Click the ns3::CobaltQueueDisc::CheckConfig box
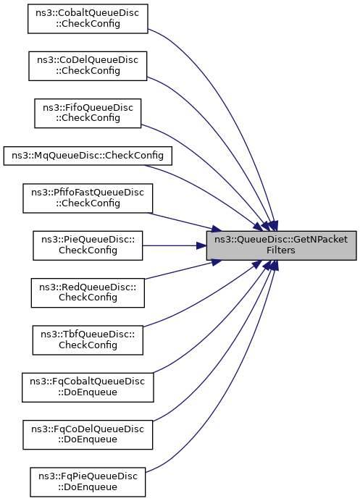(x=88, y=19)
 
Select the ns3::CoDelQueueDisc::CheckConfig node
(x=88, y=66)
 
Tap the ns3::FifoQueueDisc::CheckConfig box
(x=88, y=113)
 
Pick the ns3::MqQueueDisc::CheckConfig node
(x=88, y=156)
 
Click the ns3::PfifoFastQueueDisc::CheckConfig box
(x=88, y=198)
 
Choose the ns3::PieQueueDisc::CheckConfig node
(x=88, y=245)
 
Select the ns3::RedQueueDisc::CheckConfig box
(x=88, y=292)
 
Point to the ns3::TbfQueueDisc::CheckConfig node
(x=88, y=340)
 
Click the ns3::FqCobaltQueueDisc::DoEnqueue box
(x=88, y=387)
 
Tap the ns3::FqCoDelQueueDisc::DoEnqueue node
(x=88, y=434)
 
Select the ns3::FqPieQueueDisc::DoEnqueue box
(x=88, y=482)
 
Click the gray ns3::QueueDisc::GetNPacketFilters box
(x=281, y=245)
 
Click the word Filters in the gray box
(x=281, y=250)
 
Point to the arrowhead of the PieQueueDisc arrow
(x=201, y=245)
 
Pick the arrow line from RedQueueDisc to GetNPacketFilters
(x=183, y=269)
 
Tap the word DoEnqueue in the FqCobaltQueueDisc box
(x=88, y=392)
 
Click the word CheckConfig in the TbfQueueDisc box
(x=88, y=345)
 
